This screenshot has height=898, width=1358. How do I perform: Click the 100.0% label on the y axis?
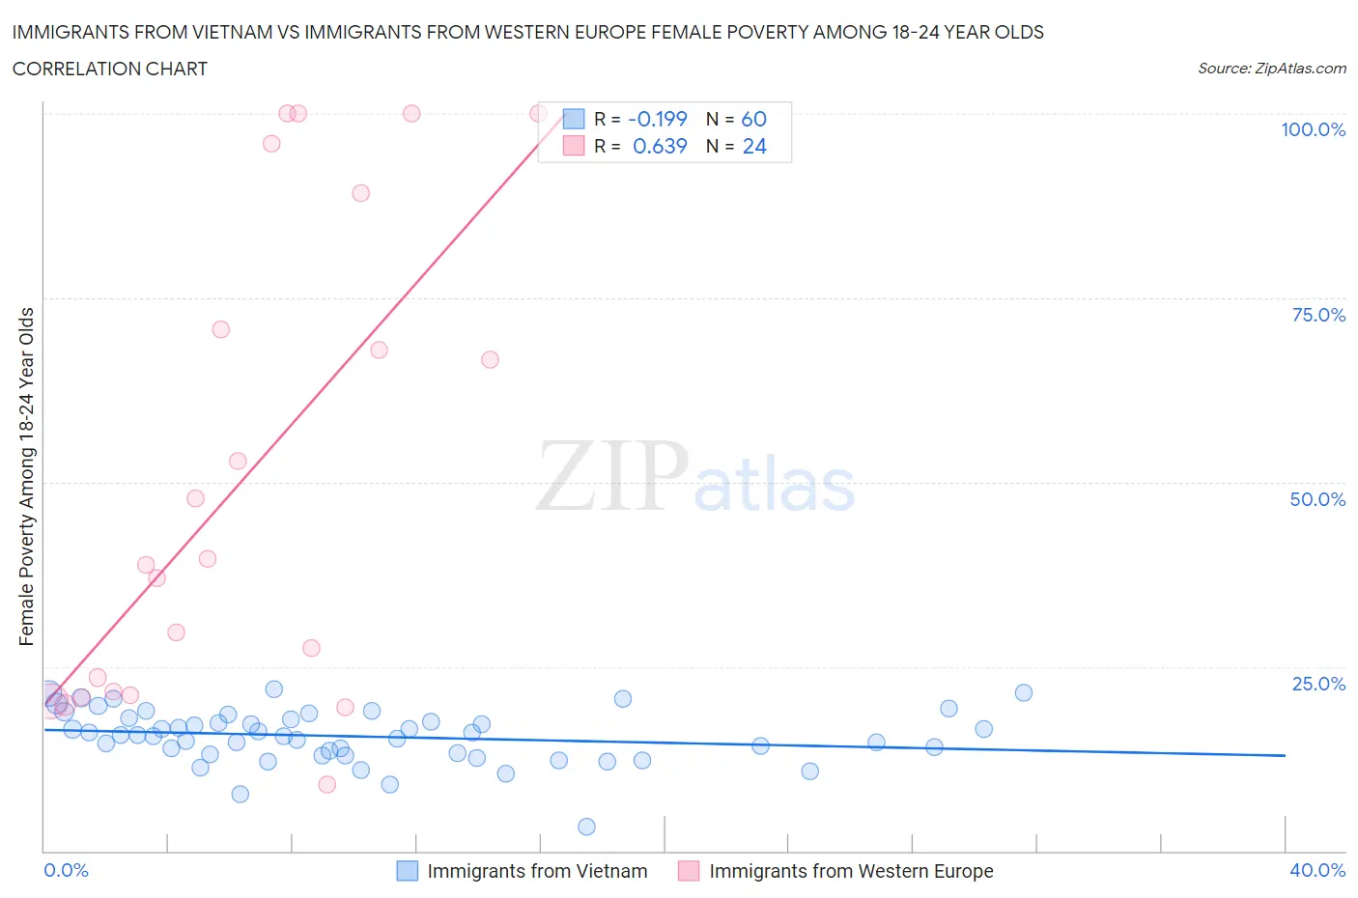point(1313,129)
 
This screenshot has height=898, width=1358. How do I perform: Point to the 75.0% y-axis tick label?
point(1317,315)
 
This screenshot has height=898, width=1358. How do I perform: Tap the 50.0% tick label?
point(1317,499)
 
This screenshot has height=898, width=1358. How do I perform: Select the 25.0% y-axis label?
point(1317,684)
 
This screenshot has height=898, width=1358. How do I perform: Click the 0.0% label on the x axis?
point(66,870)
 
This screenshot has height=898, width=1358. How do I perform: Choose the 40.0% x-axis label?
point(1317,870)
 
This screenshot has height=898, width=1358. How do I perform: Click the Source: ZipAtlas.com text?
point(1271,69)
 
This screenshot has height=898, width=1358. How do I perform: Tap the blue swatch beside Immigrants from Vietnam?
point(408,871)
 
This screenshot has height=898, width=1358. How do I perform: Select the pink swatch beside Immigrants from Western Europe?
point(689,871)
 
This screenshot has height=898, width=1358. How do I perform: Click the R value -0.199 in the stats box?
point(657,119)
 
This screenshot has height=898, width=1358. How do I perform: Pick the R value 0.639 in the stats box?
point(660,146)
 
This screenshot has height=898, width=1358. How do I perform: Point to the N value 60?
point(753,119)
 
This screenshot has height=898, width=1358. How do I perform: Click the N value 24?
point(754,146)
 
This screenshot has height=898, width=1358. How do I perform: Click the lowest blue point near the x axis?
point(586,827)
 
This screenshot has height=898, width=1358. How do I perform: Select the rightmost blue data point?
point(1024,692)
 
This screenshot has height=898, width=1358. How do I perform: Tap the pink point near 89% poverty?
point(360,193)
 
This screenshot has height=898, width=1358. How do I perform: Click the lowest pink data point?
point(327,784)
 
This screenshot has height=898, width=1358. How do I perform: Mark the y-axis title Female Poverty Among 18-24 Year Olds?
point(27,476)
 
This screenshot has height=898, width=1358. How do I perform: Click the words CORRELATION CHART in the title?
point(110,69)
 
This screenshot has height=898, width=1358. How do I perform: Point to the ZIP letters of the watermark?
point(612,476)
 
